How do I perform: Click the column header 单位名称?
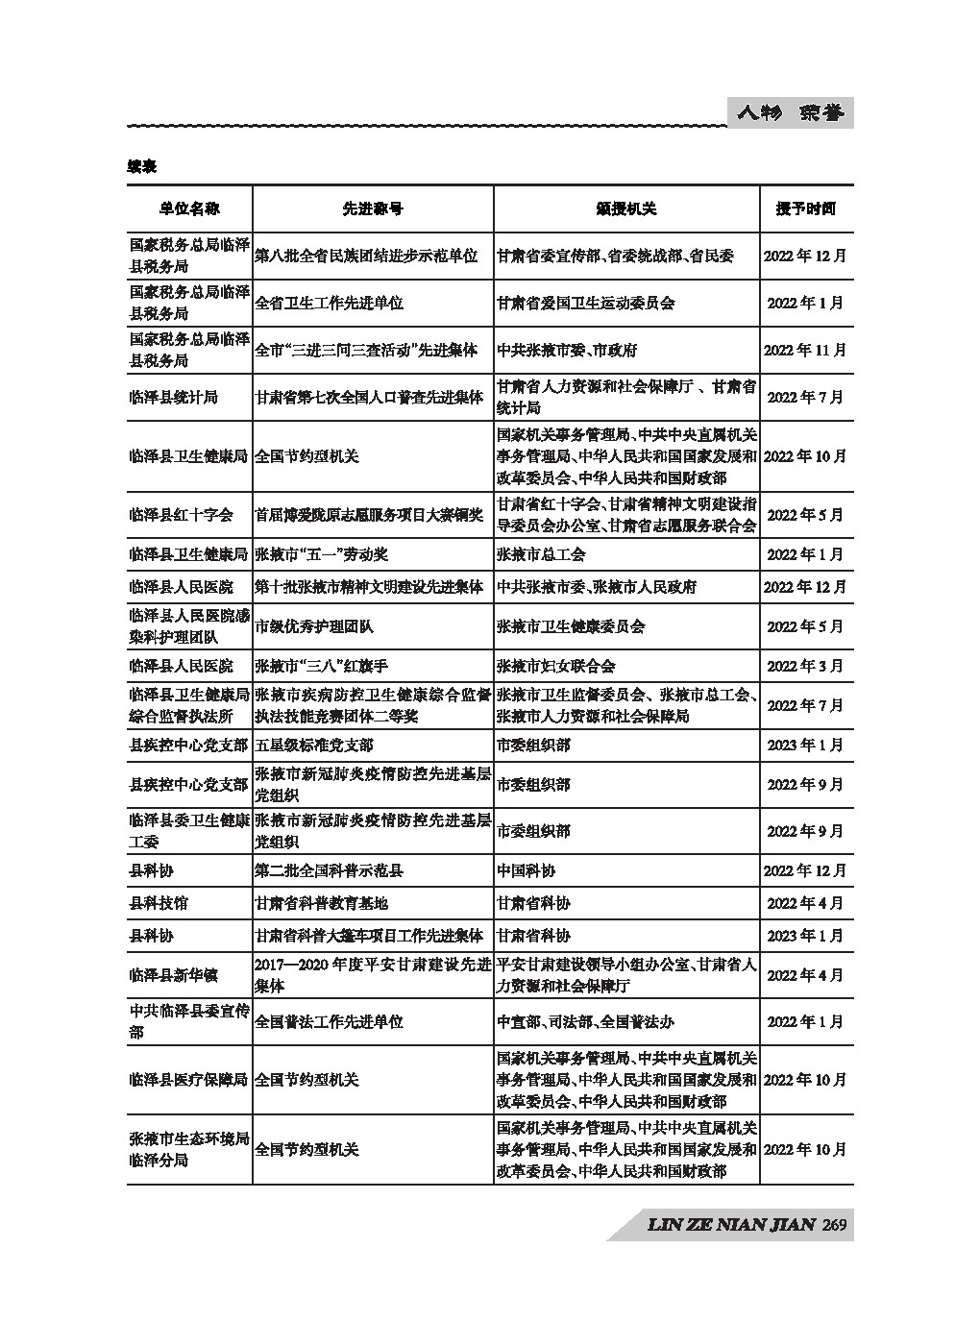click(x=189, y=208)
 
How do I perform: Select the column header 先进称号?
click(x=373, y=208)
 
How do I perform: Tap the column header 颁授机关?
click(x=625, y=208)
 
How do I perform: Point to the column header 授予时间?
click(x=805, y=208)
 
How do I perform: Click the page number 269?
click(x=834, y=1225)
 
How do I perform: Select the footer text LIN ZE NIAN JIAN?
click(x=731, y=1225)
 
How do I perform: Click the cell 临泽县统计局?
click(x=174, y=397)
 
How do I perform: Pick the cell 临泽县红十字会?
click(x=181, y=515)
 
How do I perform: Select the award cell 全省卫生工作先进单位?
click(x=329, y=303)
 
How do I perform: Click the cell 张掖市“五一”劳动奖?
click(x=321, y=554)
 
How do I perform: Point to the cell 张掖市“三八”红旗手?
click(x=321, y=666)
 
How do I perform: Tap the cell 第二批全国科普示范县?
click(x=329, y=870)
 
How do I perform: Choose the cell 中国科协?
click(x=526, y=870)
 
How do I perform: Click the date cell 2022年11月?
click(x=805, y=350)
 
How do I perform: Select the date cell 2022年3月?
click(x=805, y=666)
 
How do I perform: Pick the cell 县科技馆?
click(x=159, y=903)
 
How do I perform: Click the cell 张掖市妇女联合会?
click(x=555, y=666)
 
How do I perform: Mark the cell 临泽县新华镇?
click(x=174, y=975)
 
